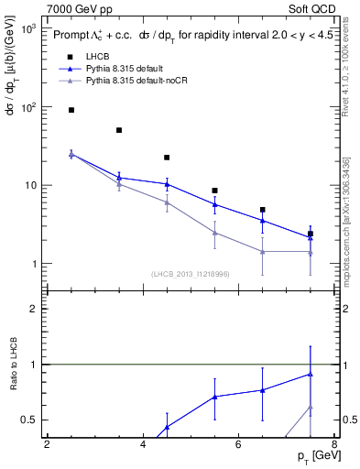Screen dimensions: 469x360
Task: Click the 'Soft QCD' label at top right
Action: (311, 9)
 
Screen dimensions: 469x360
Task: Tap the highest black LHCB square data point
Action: (71, 110)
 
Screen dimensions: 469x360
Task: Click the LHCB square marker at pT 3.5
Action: (119, 130)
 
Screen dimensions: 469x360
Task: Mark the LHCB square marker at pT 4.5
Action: (167, 158)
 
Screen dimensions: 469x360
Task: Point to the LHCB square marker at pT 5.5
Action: (214, 191)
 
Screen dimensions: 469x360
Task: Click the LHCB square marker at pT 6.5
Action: (262, 210)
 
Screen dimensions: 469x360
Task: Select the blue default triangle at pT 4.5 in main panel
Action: (167, 184)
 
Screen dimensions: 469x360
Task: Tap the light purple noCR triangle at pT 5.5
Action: (214, 233)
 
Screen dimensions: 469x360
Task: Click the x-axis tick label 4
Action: (143, 446)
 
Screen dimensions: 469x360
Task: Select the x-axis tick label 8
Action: (334, 446)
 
